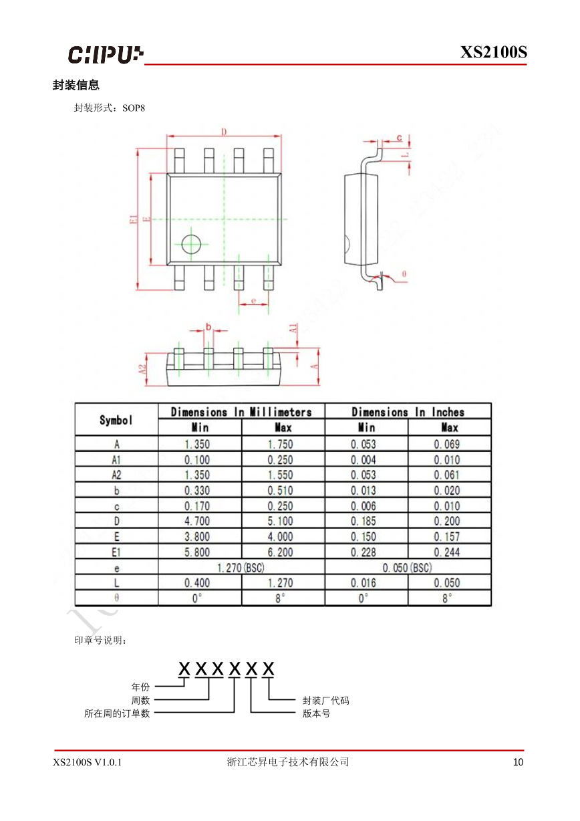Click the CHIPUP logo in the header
coord(106,54)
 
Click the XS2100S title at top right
coord(493,52)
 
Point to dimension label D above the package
coord(225,131)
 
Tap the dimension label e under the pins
coord(254,302)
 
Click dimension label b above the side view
coord(208,327)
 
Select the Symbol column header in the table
coord(116,420)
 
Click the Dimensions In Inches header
coord(408,412)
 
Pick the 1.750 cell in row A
coord(280,444)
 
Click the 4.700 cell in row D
coord(197,521)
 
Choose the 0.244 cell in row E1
coord(446,552)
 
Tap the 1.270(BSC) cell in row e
coord(241,568)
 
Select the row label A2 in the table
coord(116,475)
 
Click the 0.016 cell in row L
coord(364,583)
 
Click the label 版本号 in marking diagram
coord(316,713)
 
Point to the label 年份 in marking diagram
coord(140,687)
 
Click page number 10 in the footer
coord(519,762)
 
